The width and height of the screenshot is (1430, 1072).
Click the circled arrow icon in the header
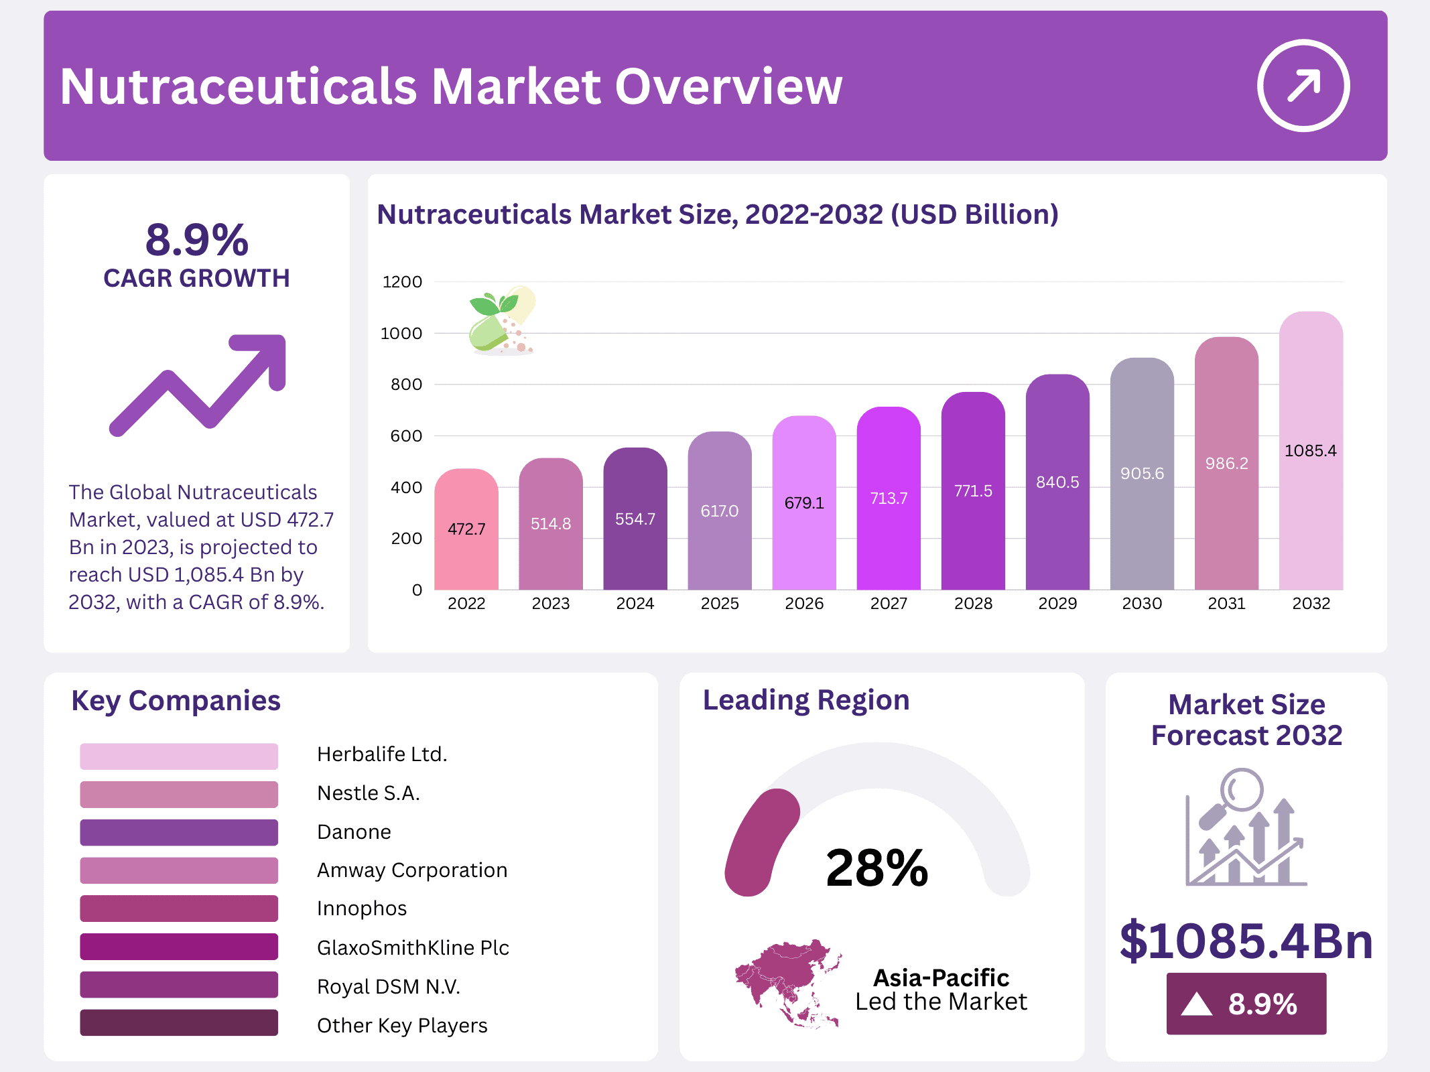[x=1303, y=86]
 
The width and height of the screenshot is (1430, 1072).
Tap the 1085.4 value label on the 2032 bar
[x=1310, y=451]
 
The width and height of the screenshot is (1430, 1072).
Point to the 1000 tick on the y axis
[x=401, y=334]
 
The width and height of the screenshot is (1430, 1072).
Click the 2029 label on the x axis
[x=1057, y=604]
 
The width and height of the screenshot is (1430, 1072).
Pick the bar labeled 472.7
[x=466, y=529]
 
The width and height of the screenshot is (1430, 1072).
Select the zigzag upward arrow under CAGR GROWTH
[x=198, y=385]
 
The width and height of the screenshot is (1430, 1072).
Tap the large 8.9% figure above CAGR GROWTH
[x=197, y=240]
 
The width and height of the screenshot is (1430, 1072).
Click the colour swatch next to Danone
[x=179, y=832]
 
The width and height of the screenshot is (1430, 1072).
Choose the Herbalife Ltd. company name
[x=382, y=754]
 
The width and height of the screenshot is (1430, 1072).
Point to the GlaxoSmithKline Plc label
[x=413, y=947]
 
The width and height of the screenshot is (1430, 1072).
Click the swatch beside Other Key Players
[x=179, y=1023]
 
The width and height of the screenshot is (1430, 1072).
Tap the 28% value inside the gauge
[x=876, y=868]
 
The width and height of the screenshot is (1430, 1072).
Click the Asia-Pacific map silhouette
[x=788, y=982]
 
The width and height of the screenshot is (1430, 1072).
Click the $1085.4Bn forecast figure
[x=1246, y=941]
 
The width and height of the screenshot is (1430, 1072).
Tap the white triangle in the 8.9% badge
[x=1196, y=1004]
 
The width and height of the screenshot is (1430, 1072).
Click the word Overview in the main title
[x=728, y=87]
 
